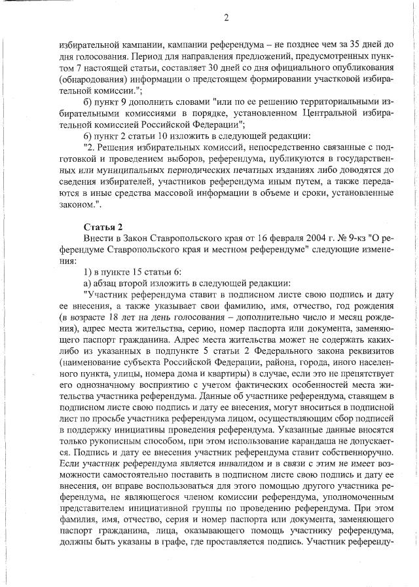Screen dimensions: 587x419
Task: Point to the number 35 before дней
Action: [x=341, y=44]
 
